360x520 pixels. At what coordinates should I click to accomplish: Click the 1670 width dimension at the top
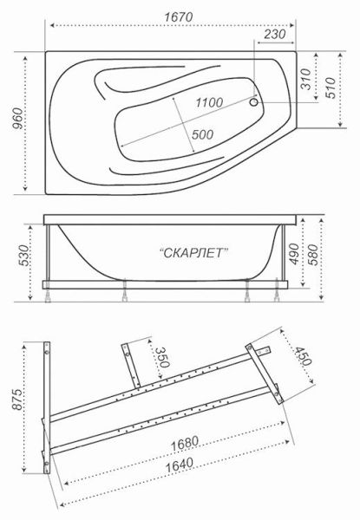point(175,16)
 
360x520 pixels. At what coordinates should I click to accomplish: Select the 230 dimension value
point(275,35)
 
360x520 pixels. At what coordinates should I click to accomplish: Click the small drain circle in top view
point(254,101)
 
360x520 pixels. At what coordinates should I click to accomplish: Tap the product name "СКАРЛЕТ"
point(194,252)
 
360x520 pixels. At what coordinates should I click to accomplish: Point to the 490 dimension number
point(298,253)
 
